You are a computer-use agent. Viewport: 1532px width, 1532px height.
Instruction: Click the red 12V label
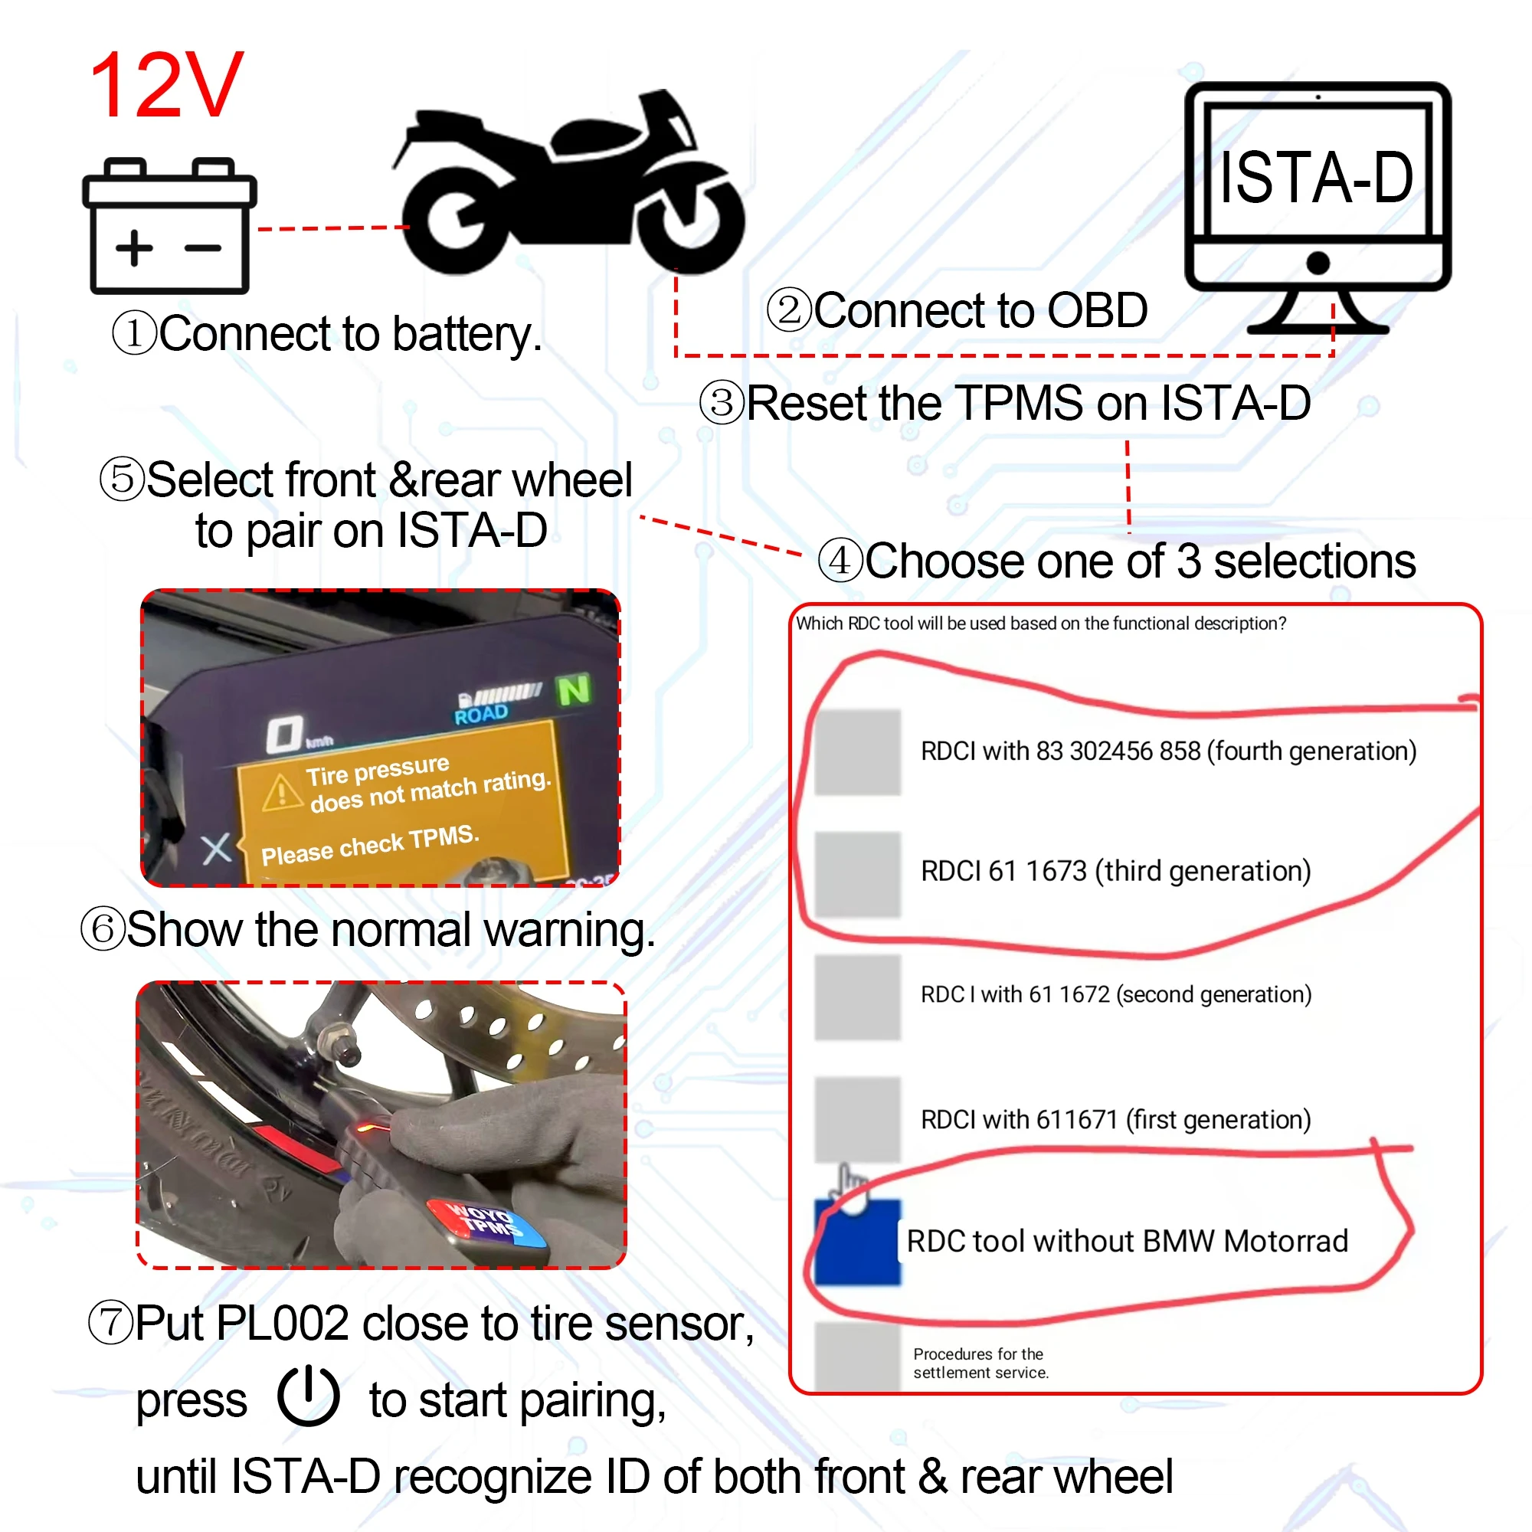pyautogui.click(x=166, y=86)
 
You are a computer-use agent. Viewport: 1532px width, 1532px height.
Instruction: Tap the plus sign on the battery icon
pyautogui.click(x=134, y=248)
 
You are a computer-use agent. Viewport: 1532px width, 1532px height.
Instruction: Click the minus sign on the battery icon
pyautogui.click(x=203, y=248)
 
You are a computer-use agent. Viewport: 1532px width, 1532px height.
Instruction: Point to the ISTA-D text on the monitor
pyautogui.click(x=1315, y=178)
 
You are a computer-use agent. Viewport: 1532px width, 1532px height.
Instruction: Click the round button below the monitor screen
pyautogui.click(x=1317, y=263)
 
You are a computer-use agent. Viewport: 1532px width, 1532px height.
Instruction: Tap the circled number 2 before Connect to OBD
pyautogui.click(x=789, y=310)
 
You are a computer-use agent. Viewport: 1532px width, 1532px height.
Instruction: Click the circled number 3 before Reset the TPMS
pyautogui.click(x=722, y=403)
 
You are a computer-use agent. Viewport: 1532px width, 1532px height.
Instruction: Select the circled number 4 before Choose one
pyautogui.click(x=840, y=561)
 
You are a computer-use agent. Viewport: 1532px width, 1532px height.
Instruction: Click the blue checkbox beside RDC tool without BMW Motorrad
pyautogui.click(x=857, y=1242)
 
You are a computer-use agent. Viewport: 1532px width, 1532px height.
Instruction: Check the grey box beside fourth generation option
pyautogui.click(x=857, y=751)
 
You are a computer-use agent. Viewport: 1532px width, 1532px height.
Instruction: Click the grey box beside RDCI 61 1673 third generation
pyautogui.click(x=857, y=874)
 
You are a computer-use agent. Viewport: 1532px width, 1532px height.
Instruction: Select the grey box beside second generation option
pyautogui.click(x=857, y=997)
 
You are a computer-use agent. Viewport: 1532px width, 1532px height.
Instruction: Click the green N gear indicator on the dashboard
pyautogui.click(x=573, y=690)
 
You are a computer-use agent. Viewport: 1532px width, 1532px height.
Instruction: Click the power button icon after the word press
pyautogui.click(x=309, y=1396)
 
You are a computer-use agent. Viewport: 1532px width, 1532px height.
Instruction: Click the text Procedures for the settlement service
pyautogui.click(x=980, y=1363)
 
